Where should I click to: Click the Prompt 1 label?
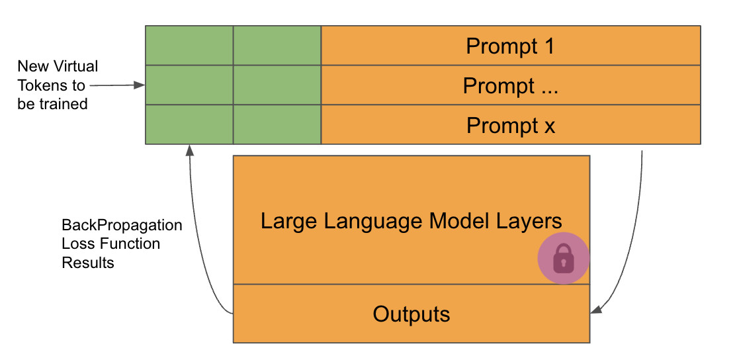coord(510,46)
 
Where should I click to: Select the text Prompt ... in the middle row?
coord(510,86)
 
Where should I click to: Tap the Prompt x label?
coord(510,126)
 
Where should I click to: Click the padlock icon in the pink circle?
coord(563,259)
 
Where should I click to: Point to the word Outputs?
coord(412,314)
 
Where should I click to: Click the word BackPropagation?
coord(122,225)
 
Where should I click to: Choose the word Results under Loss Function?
coord(88,263)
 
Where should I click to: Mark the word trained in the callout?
coord(64,104)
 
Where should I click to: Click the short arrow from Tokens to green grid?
coord(116,85)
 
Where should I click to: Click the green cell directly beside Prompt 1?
coord(277,46)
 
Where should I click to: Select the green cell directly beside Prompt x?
coord(277,124)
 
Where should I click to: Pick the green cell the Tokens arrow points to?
coord(189,85)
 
